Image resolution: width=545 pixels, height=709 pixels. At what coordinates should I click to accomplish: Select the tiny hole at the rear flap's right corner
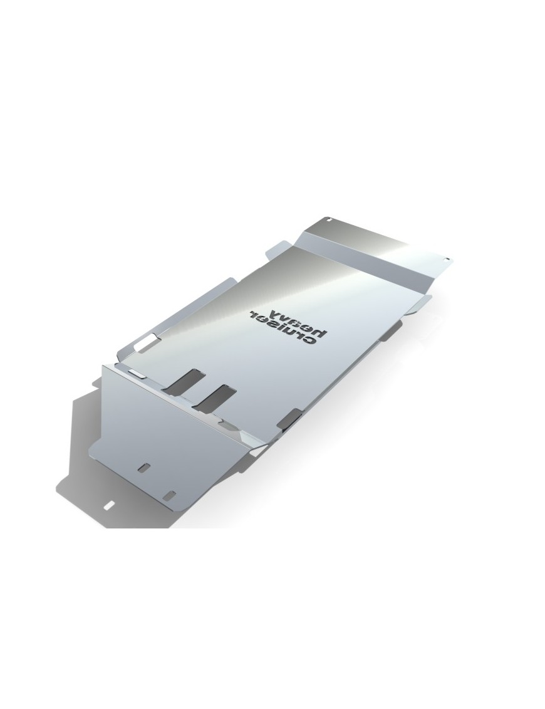447,260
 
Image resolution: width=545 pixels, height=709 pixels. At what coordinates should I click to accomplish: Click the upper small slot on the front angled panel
144,468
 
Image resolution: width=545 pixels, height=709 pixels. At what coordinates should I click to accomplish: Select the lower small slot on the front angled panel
170,494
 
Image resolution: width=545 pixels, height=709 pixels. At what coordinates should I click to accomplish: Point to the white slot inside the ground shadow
109,505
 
